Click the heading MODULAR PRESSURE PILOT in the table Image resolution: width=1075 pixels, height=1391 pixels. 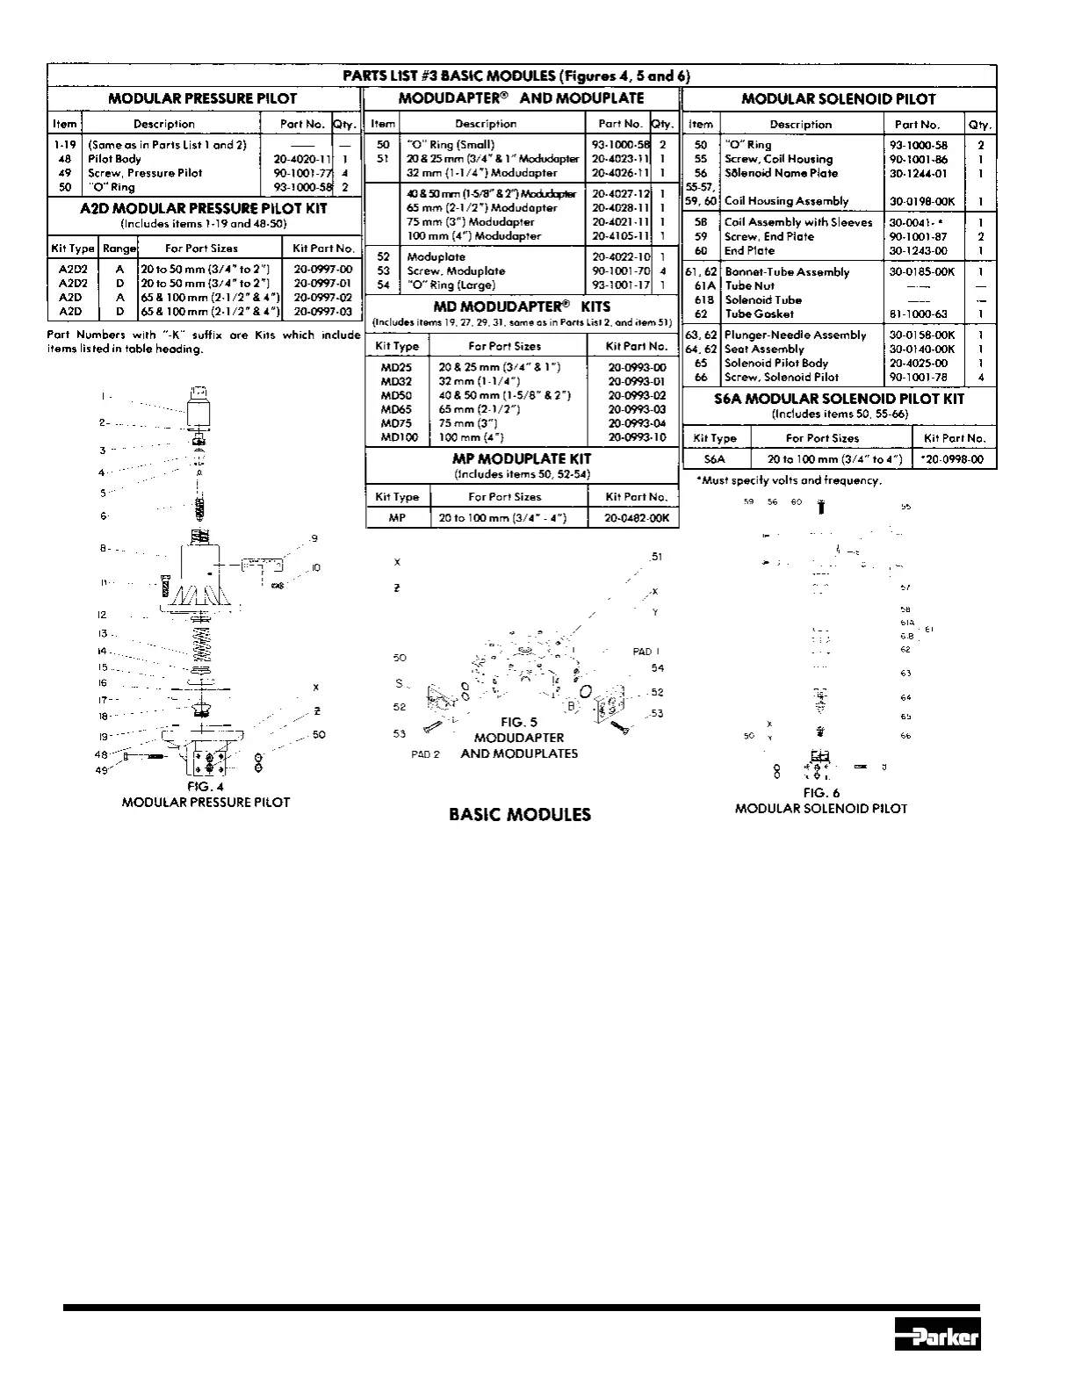tap(202, 99)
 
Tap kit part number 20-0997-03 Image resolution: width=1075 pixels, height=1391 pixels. tap(322, 311)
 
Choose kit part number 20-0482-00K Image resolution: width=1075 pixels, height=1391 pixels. tap(637, 518)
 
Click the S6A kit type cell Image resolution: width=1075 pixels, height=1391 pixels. tap(715, 458)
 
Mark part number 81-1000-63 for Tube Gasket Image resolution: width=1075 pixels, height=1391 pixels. tap(918, 314)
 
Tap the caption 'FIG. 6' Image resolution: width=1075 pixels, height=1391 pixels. tap(821, 792)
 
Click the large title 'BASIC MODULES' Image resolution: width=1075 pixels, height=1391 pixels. tap(520, 814)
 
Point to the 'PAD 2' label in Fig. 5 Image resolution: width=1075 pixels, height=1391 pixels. tap(425, 754)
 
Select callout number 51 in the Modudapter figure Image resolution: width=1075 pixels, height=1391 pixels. tap(655, 557)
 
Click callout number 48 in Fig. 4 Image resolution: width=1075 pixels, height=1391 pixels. tap(101, 755)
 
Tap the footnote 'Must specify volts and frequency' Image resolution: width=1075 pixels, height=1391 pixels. tap(789, 480)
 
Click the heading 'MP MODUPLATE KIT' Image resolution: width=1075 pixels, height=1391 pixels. tap(522, 458)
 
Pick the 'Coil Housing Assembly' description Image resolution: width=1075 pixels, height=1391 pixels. tap(786, 201)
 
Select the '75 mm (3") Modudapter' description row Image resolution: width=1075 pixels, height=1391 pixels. tap(470, 222)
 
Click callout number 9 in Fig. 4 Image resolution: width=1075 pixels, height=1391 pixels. tap(314, 538)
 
